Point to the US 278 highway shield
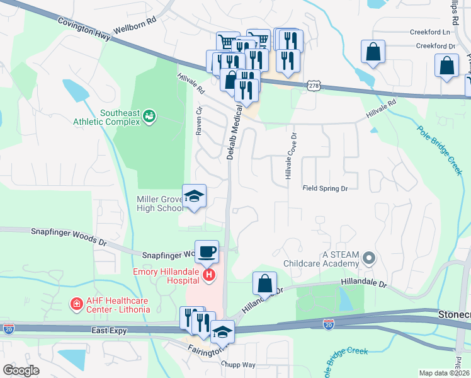313,85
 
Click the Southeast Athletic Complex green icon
149,116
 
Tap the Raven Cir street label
199,121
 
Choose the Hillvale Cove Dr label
292,156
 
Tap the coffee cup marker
207,251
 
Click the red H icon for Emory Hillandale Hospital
208,275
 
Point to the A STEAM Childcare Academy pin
369,257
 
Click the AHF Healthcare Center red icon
77,304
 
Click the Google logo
21,370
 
